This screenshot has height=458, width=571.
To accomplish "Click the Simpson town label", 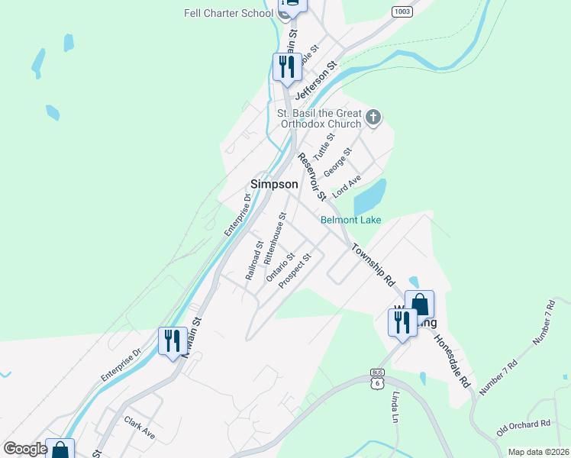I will click(274, 184).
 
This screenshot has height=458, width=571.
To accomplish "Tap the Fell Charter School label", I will click(228, 13).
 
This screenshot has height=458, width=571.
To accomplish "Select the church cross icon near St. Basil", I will click(373, 117).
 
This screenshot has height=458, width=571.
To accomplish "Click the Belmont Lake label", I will click(350, 220).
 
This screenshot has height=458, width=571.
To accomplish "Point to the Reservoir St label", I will click(311, 176).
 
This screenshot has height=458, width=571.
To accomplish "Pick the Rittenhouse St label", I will click(274, 238).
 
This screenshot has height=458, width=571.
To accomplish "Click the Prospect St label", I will click(296, 272).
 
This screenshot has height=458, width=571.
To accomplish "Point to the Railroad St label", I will click(254, 261).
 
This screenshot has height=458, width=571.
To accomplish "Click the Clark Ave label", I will click(140, 428).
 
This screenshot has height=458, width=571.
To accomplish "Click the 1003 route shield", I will click(402, 11).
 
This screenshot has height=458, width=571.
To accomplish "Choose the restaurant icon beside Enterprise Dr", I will click(173, 340).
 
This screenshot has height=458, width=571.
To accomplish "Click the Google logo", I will click(25, 449).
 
